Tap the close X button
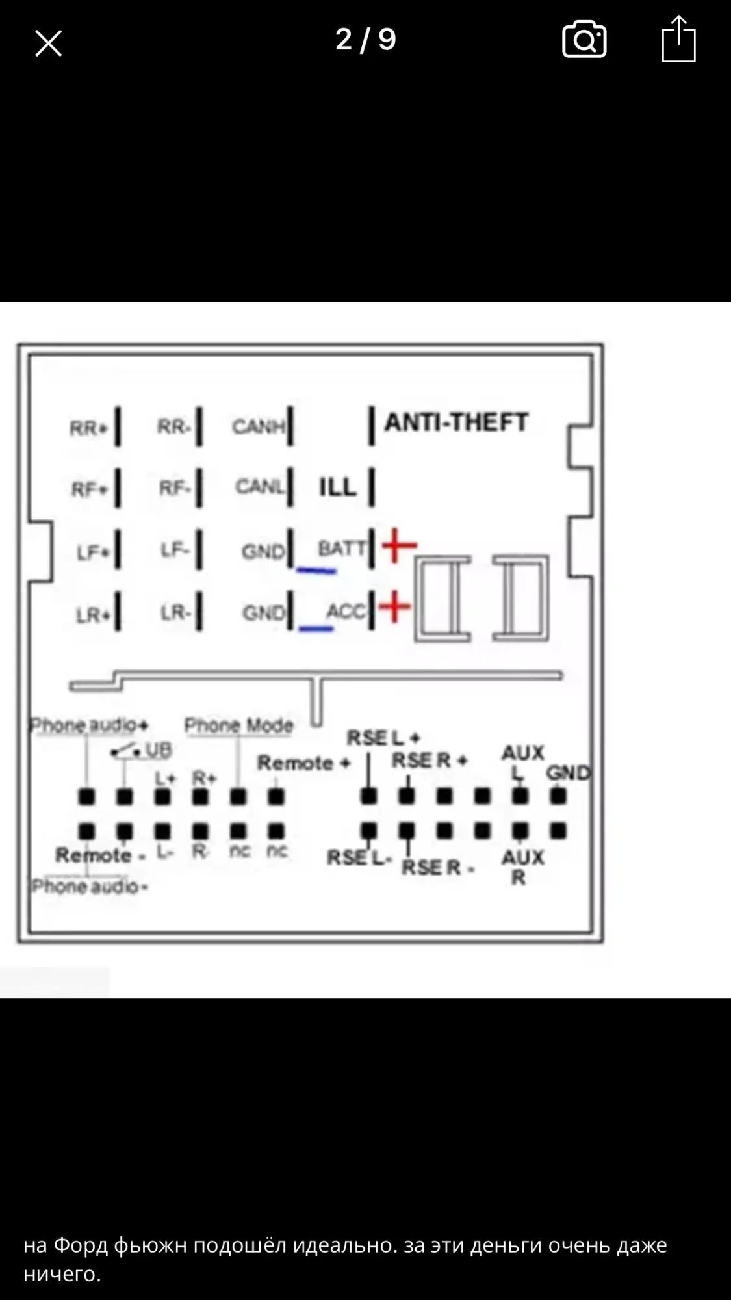pyautogui.click(x=48, y=44)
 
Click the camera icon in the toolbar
pyautogui.click(x=584, y=40)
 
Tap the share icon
pyautogui.click(x=678, y=40)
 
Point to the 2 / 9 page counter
pyautogui.click(x=365, y=40)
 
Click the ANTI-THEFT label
pyautogui.click(x=456, y=422)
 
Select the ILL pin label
pyautogui.click(x=337, y=487)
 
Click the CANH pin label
pyautogui.click(x=259, y=426)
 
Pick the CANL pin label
pyautogui.click(x=260, y=486)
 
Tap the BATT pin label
pyautogui.click(x=341, y=549)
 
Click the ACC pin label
pyautogui.click(x=345, y=611)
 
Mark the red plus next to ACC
pyautogui.click(x=394, y=608)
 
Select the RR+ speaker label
pyautogui.click(x=88, y=428)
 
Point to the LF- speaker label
pyautogui.click(x=175, y=551)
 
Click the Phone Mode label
pyautogui.click(x=238, y=725)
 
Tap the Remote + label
pyautogui.click(x=303, y=762)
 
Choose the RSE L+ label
pyautogui.click(x=383, y=738)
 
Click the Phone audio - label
pyautogui.click(x=90, y=886)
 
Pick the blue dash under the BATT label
pyautogui.click(x=316, y=571)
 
